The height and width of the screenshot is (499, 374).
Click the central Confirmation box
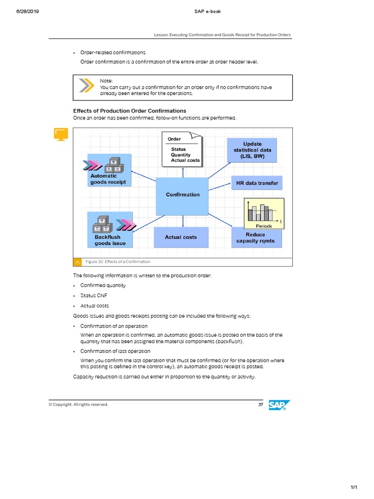182,195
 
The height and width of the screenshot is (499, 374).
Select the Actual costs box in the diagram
181,237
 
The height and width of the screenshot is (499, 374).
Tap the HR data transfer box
257,183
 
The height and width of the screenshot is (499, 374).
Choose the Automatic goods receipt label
108,179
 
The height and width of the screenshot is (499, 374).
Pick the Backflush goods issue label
110,240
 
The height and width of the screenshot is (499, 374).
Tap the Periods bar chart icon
264,213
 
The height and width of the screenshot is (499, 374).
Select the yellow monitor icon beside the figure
61,134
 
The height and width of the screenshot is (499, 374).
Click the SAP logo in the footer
280,405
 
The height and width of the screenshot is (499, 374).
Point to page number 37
261,404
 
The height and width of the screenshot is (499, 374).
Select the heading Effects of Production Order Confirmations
130,111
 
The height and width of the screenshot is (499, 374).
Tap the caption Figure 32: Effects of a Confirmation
118,262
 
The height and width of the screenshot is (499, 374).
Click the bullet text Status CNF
94,296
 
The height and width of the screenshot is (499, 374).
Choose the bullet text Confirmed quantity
103,286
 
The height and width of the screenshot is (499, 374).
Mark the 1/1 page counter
354,487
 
